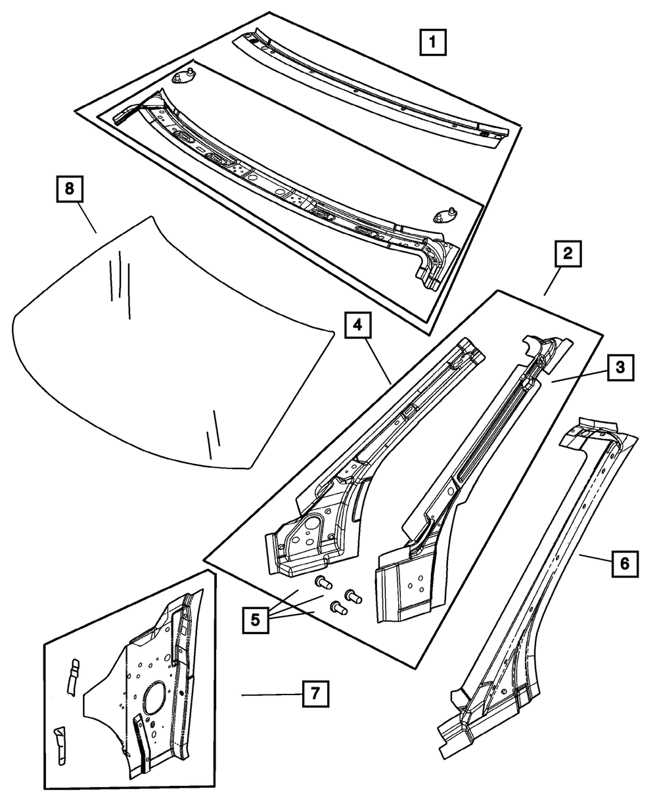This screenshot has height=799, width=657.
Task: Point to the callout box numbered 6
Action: coord(625,563)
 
